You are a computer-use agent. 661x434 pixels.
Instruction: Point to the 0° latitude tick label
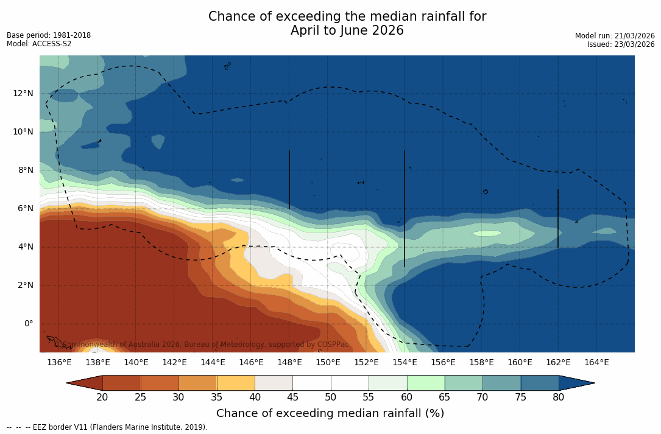tap(28, 323)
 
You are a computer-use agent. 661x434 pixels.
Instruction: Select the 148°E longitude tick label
tap(289, 363)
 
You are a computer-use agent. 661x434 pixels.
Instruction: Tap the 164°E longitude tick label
tap(596, 363)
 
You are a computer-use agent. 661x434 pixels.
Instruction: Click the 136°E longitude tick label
tap(59, 363)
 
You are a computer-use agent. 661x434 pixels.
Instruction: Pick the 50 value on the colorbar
tap(331, 397)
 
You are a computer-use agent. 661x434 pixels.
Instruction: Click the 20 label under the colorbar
tap(102, 397)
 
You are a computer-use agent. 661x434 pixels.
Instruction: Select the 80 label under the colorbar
tap(559, 397)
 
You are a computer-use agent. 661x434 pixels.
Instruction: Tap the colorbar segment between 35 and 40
tap(236, 383)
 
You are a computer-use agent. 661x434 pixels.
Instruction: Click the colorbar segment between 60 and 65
tap(426, 383)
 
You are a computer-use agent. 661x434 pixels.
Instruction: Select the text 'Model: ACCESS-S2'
tap(39, 44)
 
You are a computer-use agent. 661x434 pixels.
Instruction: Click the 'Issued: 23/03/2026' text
tap(621, 44)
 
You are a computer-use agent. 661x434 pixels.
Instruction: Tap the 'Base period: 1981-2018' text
tap(49, 35)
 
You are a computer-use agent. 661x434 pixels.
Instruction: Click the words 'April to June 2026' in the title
tap(347, 30)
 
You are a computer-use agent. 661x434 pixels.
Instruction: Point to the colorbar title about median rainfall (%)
tap(330, 413)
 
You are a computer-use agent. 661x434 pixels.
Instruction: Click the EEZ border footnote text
tap(107, 427)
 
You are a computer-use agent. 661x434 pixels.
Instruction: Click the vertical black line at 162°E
tap(558, 218)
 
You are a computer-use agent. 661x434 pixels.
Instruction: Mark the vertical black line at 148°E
tap(289, 180)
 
